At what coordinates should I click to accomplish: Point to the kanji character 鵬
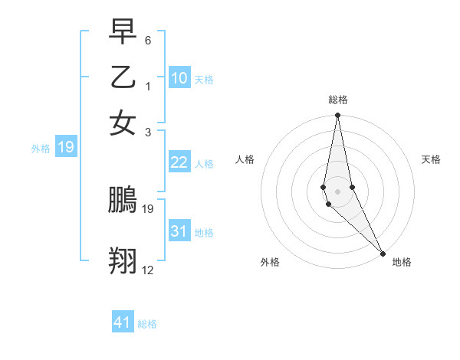click(123, 201)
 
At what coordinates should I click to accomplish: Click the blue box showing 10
click(179, 78)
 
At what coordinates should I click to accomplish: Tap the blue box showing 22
click(179, 162)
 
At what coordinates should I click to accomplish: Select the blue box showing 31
click(179, 231)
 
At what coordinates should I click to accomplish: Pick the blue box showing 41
click(123, 322)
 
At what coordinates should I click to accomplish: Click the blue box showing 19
click(65, 147)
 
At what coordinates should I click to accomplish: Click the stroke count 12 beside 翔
click(148, 270)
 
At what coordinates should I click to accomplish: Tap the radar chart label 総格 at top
click(338, 100)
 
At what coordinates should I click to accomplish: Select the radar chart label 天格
click(431, 159)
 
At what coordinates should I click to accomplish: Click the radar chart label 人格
click(245, 159)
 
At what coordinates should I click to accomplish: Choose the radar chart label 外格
click(270, 262)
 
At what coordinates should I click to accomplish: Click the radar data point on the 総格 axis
click(338, 116)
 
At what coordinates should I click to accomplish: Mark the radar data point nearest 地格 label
click(383, 253)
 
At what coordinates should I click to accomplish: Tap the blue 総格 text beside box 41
click(147, 323)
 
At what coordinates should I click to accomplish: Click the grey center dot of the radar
click(338, 191)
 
